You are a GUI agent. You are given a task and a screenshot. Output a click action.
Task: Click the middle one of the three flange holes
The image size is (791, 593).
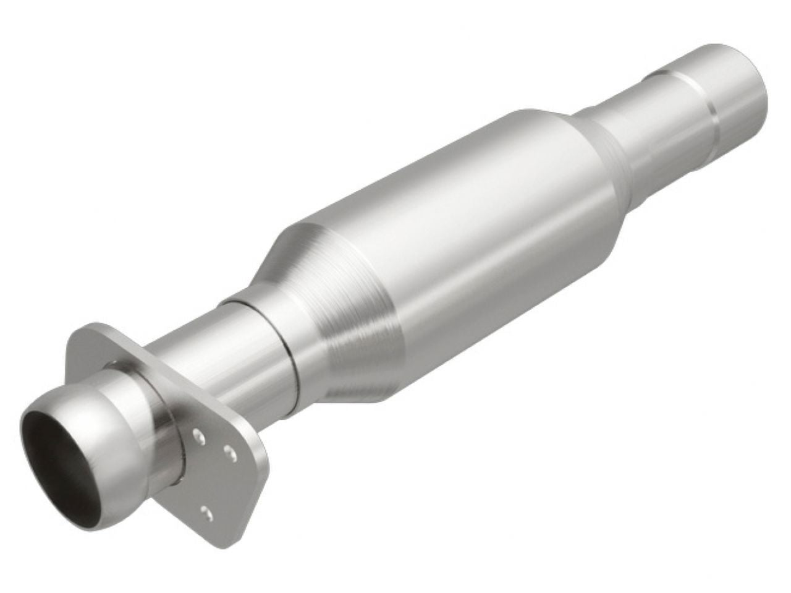(229, 456)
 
